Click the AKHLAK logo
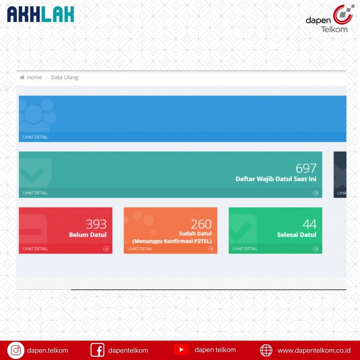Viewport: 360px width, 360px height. click(x=41, y=14)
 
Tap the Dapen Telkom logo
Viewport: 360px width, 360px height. click(x=330, y=19)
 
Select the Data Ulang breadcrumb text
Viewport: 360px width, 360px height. click(x=65, y=77)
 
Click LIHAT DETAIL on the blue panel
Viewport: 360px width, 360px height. click(x=35, y=137)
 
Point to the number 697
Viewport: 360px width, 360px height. click(x=306, y=168)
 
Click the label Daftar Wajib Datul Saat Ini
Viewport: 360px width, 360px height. click(x=276, y=179)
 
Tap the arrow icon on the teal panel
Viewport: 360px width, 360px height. click(x=316, y=193)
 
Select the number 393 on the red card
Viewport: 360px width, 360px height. click(x=96, y=224)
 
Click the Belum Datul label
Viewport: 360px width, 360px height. click(x=88, y=235)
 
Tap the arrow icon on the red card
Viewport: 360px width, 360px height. click(x=106, y=249)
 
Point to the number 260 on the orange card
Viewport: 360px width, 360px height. click(x=201, y=224)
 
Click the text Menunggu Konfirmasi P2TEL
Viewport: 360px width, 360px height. click(x=172, y=241)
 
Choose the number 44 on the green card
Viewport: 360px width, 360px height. click(x=310, y=224)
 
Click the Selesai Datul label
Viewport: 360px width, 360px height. click(x=297, y=235)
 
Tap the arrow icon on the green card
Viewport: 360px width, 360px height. click(x=316, y=249)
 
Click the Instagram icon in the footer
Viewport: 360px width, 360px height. click(x=16, y=350)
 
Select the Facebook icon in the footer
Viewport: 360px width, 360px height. click(x=97, y=350)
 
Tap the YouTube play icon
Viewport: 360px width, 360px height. click(x=181, y=349)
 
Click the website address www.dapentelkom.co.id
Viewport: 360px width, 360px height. click(x=314, y=350)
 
